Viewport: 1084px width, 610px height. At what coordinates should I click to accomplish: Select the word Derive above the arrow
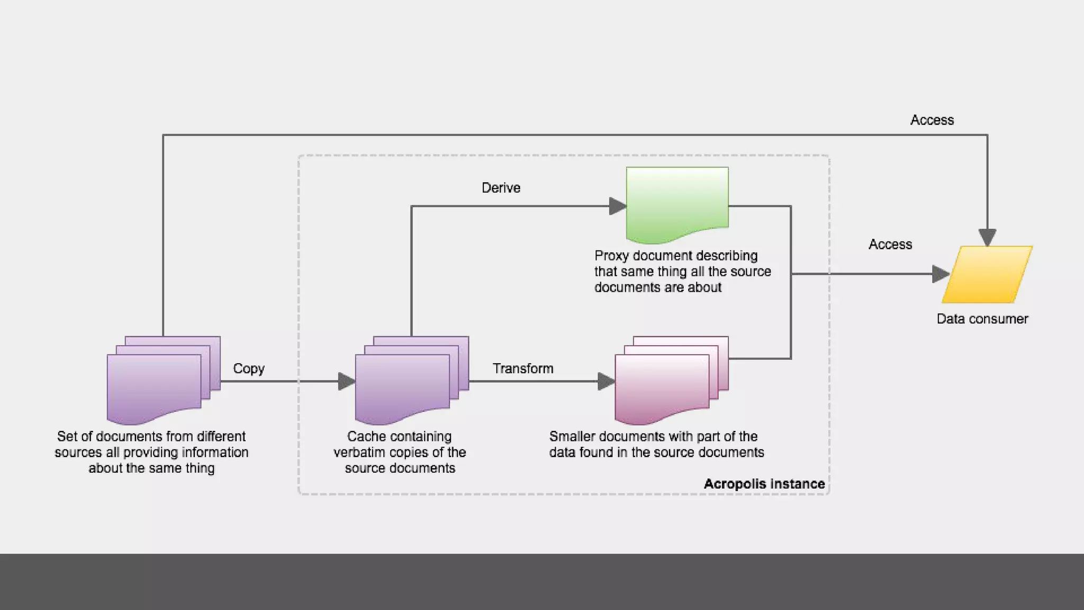coord(501,188)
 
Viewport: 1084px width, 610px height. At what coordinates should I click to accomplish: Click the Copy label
coord(249,369)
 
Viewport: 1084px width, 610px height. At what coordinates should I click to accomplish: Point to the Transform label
coord(523,369)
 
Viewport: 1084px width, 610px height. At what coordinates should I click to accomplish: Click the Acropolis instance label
coord(764,484)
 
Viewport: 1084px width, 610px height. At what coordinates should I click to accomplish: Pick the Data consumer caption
coord(982,319)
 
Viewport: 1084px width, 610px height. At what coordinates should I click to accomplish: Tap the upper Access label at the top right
coord(932,120)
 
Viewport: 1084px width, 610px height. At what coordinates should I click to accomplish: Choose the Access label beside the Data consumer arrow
coord(890,245)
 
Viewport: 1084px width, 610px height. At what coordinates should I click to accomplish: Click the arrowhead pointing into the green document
coord(617,206)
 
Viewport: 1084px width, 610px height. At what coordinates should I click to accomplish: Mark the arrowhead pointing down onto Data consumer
coord(987,237)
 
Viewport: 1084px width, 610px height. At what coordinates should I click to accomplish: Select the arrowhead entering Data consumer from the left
coord(940,274)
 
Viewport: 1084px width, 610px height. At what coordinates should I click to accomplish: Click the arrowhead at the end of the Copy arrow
coord(346,381)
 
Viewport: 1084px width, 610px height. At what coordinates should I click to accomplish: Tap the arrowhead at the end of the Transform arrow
coord(606,381)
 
